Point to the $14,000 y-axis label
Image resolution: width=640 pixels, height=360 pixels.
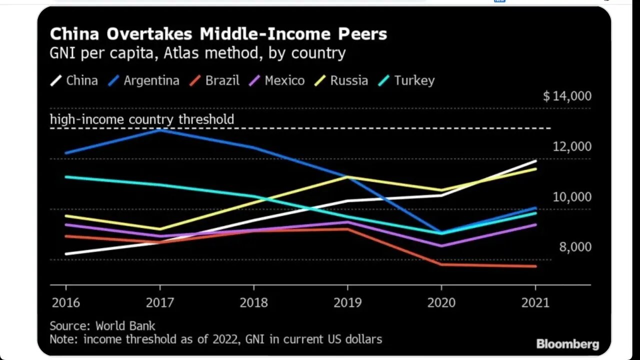point(567,96)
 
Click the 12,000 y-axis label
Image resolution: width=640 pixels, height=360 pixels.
point(571,146)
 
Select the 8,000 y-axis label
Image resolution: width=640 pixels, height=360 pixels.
point(575,247)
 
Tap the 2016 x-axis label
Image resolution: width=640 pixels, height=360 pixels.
point(65,302)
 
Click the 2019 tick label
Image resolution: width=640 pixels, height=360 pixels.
point(347,302)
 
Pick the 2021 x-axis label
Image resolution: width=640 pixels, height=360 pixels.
point(535,302)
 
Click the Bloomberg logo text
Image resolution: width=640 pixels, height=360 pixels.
point(567,344)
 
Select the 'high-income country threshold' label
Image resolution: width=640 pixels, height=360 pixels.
point(142,119)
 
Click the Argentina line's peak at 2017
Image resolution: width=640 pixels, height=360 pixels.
point(160,129)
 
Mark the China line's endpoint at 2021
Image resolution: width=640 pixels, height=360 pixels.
point(536,161)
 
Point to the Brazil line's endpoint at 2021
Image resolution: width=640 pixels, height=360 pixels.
point(536,266)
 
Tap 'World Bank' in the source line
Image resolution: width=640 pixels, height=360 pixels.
point(125,326)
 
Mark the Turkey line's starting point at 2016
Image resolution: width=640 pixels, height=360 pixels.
point(66,176)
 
